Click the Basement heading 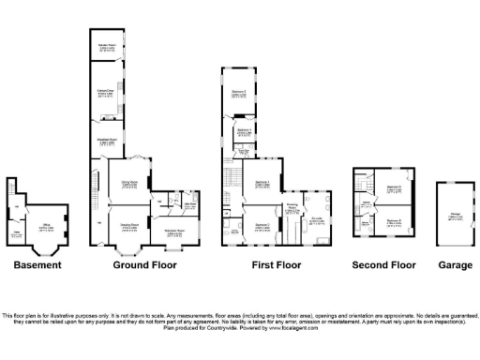[x=37, y=265]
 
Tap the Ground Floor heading [x=144, y=265]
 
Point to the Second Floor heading [x=383, y=265]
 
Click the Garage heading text [x=456, y=265]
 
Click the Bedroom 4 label [x=243, y=132]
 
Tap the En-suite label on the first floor [x=317, y=221]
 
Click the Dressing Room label [x=292, y=206]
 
